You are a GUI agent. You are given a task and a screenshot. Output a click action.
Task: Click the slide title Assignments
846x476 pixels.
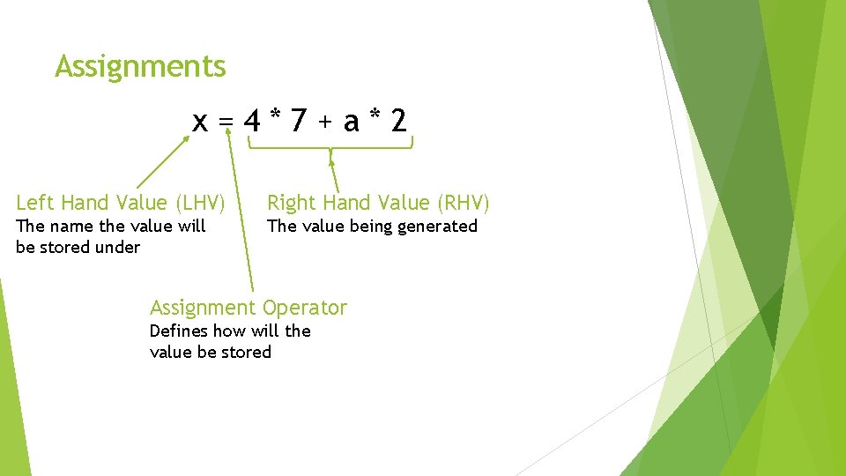click(x=140, y=67)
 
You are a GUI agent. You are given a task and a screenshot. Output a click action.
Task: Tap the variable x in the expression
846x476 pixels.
click(x=201, y=122)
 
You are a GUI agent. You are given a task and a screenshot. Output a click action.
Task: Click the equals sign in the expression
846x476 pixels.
click(x=226, y=122)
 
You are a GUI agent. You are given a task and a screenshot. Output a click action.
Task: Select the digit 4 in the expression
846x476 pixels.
click(x=253, y=120)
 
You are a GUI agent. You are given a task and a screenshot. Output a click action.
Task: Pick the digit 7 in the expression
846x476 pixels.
click(x=299, y=120)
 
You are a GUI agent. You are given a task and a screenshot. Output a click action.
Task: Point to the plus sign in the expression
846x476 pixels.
click(x=325, y=122)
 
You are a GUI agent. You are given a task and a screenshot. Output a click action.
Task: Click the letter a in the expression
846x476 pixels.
click(x=352, y=122)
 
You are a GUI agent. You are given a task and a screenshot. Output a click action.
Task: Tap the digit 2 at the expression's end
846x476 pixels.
click(x=399, y=120)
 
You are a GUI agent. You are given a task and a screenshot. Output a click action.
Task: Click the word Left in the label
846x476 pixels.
click(x=34, y=203)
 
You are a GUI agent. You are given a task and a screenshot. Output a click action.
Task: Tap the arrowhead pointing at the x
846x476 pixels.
click(x=186, y=138)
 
